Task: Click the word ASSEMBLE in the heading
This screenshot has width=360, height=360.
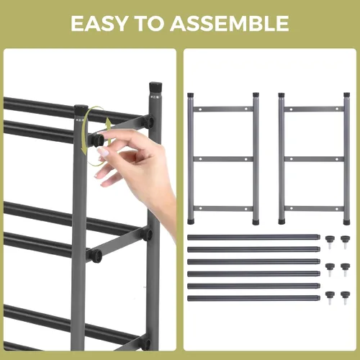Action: (x=230, y=23)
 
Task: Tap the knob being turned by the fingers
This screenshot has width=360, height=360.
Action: (x=98, y=140)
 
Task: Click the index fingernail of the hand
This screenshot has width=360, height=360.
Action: (x=102, y=152)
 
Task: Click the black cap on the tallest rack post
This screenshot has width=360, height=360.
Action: (x=156, y=89)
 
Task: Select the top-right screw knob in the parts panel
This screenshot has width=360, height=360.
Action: (x=345, y=242)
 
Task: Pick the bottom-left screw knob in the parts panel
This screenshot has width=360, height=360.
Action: (x=330, y=298)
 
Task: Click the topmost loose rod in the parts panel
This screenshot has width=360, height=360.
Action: (x=253, y=238)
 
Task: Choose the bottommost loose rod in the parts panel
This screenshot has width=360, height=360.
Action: (x=253, y=298)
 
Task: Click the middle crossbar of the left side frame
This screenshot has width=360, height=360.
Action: (x=223, y=159)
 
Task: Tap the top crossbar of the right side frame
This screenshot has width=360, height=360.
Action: (x=314, y=109)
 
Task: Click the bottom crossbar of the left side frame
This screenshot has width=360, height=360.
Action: (x=223, y=208)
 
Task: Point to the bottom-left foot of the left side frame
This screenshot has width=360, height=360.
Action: (x=191, y=221)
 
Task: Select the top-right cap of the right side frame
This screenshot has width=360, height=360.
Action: (x=346, y=95)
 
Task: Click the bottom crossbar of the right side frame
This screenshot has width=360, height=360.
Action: (x=314, y=208)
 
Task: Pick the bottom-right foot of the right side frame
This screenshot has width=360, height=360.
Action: (x=346, y=222)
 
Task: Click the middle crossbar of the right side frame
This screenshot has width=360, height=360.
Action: (x=314, y=159)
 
